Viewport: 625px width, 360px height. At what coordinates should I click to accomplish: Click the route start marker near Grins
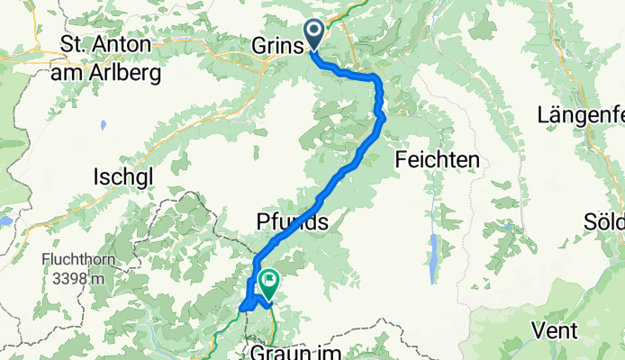[x=314, y=33]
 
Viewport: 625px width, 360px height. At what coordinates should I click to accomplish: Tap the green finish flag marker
[x=268, y=283]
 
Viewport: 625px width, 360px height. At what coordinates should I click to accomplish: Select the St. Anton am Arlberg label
[x=109, y=58]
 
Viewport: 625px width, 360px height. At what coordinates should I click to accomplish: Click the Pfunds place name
[x=289, y=221]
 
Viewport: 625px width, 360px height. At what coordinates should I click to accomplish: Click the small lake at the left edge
[x=6, y=219]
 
